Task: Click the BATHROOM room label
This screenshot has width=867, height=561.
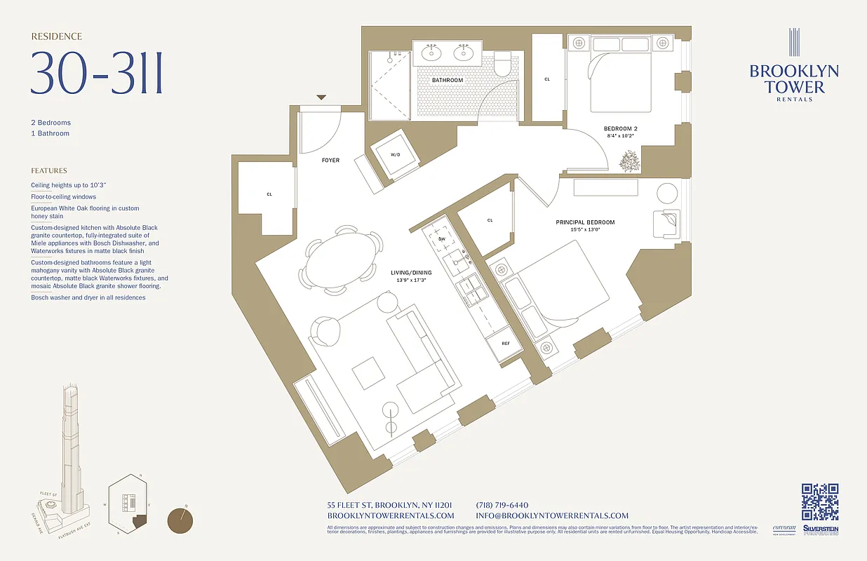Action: (x=447, y=80)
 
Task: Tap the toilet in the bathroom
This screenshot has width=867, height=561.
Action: (x=502, y=65)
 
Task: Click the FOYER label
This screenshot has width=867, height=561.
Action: (x=330, y=161)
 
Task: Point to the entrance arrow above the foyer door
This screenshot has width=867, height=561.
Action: (x=321, y=97)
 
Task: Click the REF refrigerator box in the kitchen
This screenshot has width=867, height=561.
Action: (x=505, y=344)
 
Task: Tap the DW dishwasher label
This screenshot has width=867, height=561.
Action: (x=442, y=239)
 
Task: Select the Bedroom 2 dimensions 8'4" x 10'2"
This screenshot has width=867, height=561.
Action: (x=621, y=135)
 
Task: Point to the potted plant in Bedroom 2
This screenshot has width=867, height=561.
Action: (x=629, y=163)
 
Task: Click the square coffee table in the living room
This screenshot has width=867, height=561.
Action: (x=368, y=373)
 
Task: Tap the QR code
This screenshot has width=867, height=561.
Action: (x=820, y=502)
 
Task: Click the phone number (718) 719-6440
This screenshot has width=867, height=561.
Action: (x=502, y=505)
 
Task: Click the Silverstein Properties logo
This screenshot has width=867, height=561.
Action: (x=821, y=531)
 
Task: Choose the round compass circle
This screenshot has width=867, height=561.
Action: (x=182, y=522)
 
